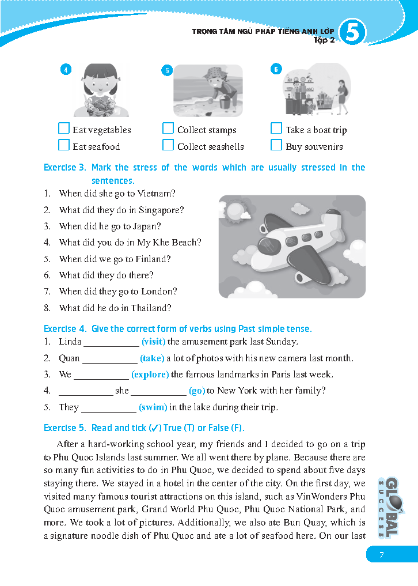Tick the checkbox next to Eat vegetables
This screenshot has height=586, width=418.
pos(64,128)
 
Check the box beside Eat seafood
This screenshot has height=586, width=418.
pos(64,145)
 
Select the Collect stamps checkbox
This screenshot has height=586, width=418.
pos(168,128)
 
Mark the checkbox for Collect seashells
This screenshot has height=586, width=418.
pos(168,145)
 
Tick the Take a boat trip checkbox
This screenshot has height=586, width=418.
pos(276,128)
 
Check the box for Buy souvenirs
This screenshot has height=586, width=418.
pos(276,145)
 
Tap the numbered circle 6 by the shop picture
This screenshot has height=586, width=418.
pos(276,70)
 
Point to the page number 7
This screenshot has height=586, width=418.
pos(381,555)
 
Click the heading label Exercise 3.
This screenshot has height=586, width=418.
pos(64,168)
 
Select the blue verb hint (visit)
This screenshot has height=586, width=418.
pos(154,342)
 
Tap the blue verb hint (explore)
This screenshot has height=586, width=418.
pos(150,375)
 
